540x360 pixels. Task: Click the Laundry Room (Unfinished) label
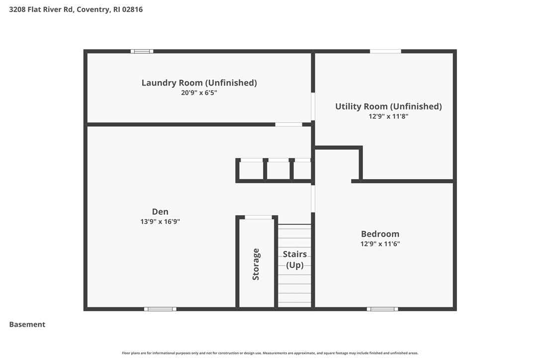point(199,83)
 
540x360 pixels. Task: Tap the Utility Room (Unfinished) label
point(388,106)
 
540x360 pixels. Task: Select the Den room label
point(160,212)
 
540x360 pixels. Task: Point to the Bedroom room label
point(380,234)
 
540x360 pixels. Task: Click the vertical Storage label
point(256,264)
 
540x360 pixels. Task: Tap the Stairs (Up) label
point(294,260)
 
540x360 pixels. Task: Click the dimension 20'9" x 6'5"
point(199,92)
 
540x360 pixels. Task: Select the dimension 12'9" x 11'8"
point(388,116)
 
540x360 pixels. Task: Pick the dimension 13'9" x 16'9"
point(160,222)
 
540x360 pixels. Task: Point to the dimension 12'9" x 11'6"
point(380,244)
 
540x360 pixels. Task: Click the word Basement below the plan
point(27,325)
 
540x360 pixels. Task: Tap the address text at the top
point(76,9)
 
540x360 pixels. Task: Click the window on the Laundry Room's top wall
point(142,51)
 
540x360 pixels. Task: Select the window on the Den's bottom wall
point(160,309)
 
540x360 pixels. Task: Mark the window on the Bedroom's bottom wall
point(382,309)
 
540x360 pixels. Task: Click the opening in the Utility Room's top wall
point(385,51)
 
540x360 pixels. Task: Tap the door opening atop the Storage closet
point(259,217)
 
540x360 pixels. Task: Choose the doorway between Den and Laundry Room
point(288,124)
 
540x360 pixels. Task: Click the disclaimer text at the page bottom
point(270,353)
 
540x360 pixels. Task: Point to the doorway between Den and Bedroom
point(313,198)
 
